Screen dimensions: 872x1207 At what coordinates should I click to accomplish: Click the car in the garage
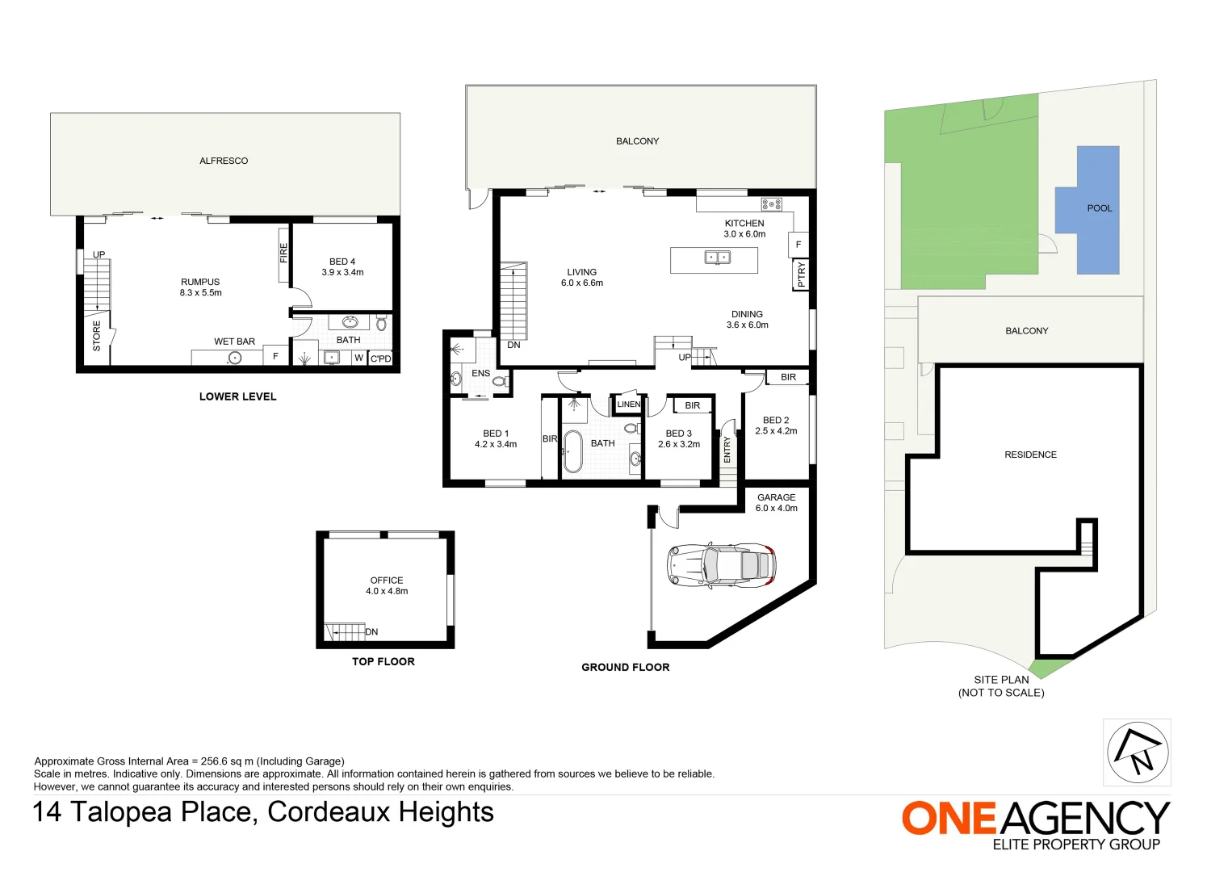(x=721, y=564)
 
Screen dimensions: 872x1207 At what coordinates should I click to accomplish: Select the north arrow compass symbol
(x=1137, y=752)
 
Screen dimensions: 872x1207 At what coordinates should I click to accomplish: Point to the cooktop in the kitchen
(x=771, y=204)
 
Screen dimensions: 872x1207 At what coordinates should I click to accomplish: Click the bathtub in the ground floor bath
(x=572, y=451)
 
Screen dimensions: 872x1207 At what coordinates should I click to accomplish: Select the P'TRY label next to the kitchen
(x=801, y=275)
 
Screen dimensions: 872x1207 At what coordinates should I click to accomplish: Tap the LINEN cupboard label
(x=628, y=405)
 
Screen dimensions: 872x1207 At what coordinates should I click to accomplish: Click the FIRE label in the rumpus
(x=283, y=253)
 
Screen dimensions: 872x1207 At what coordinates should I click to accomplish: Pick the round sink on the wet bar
(x=235, y=358)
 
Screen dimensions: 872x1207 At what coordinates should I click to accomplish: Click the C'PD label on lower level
(x=380, y=358)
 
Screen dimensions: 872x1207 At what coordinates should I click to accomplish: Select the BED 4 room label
(x=342, y=266)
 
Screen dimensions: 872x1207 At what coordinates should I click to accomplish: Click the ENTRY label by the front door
(x=727, y=449)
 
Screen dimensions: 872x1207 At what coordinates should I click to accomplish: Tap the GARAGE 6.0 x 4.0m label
(x=776, y=502)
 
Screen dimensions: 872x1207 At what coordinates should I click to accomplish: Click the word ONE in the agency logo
(x=949, y=819)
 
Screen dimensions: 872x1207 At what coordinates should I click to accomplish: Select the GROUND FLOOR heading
(x=625, y=667)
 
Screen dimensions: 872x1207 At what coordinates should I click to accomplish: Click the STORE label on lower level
(x=97, y=335)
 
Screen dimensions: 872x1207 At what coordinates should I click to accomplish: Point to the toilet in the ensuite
(x=500, y=380)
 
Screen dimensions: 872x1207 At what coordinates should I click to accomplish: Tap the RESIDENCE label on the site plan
(x=1030, y=455)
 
